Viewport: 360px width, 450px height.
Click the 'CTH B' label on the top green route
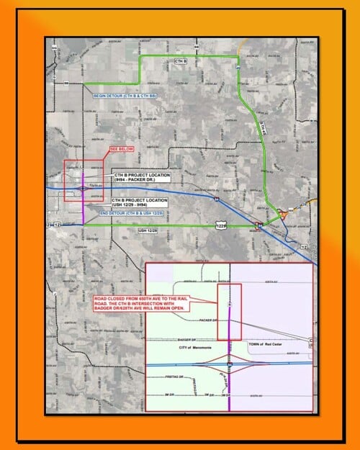click(181, 63)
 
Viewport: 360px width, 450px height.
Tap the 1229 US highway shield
click(224, 226)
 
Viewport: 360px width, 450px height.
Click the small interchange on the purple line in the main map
click(84, 189)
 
